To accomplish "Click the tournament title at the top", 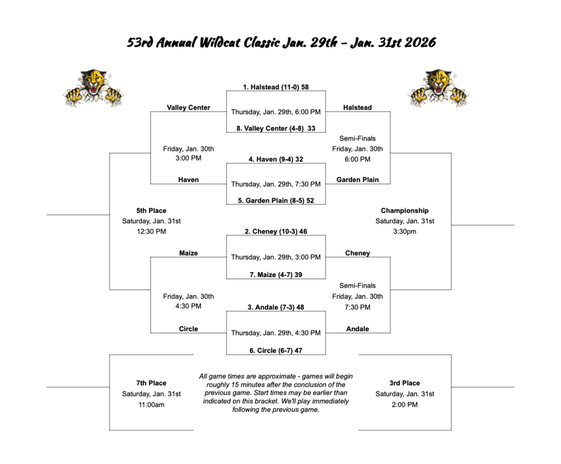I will [281, 43].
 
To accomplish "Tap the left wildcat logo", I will [93, 88].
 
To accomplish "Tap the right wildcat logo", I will [437, 88].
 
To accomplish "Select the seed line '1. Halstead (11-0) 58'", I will [276, 87].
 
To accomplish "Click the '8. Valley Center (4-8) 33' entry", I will [276, 128].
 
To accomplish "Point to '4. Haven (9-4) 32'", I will [276, 159].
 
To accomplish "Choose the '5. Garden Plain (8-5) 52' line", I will [276, 201].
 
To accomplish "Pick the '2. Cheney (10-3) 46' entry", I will [276, 232].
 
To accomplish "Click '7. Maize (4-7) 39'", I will [276, 274].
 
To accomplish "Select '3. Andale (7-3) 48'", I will [276, 307].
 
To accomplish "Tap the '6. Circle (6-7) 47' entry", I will [276, 351].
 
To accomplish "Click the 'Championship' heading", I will [405, 210].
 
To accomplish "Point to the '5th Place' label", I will [151, 210].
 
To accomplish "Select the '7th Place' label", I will [151, 383].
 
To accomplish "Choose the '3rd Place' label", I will [405, 383].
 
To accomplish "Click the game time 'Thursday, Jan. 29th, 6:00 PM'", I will [276, 112].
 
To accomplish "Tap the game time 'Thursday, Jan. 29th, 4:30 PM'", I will [276, 333].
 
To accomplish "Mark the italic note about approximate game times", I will [276, 393].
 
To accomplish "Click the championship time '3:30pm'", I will [405, 231].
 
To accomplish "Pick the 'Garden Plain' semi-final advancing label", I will [357, 180].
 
